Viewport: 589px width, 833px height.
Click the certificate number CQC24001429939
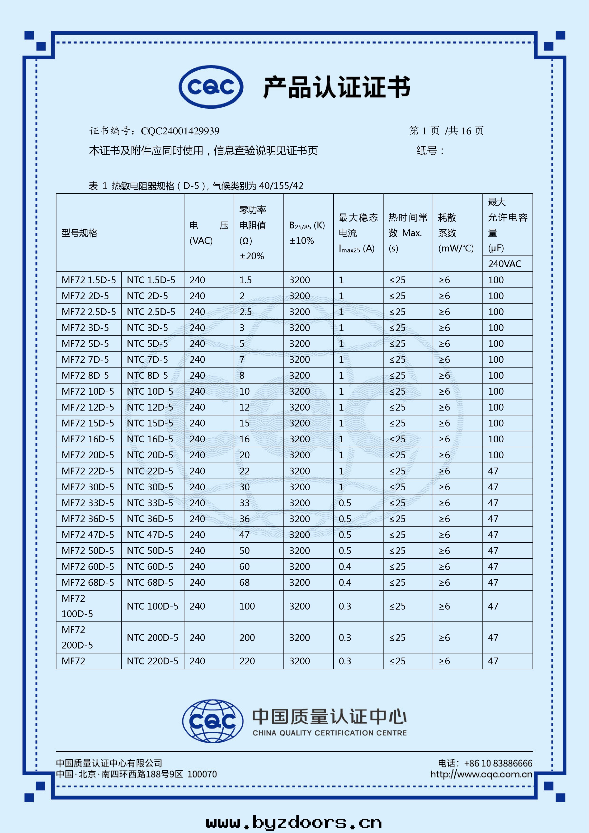click(180, 131)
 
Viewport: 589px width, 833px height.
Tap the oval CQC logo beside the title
click(211, 87)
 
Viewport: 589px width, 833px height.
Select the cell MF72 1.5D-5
click(89, 280)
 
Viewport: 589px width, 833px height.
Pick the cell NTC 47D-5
click(150, 535)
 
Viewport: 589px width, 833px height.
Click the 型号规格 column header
click(80, 233)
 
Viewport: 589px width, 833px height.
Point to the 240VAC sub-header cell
click(504, 264)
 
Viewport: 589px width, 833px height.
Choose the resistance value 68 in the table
click(245, 583)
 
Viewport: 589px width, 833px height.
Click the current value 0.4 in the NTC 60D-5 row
click(345, 567)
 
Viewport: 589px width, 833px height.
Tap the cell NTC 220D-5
click(152, 661)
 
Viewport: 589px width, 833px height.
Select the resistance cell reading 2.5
click(245, 312)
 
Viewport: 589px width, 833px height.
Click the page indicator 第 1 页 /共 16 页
click(446, 131)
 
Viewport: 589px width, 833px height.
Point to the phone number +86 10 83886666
click(498, 764)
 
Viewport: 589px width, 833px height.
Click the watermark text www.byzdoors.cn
click(294, 822)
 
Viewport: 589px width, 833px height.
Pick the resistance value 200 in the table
click(247, 638)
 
